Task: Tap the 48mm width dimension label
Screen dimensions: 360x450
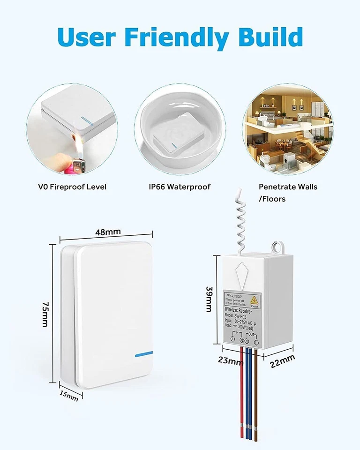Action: (108, 232)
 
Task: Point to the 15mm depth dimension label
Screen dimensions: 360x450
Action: (69, 395)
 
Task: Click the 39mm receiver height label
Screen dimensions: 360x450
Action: (208, 300)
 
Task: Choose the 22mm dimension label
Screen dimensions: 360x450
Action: (283, 361)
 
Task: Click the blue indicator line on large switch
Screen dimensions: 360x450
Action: (143, 354)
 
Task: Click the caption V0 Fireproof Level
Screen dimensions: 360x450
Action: (72, 187)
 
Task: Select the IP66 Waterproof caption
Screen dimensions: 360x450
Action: (180, 187)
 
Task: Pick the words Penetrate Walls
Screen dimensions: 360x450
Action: (288, 187)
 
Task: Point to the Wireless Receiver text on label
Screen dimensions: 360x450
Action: (238, 311)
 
